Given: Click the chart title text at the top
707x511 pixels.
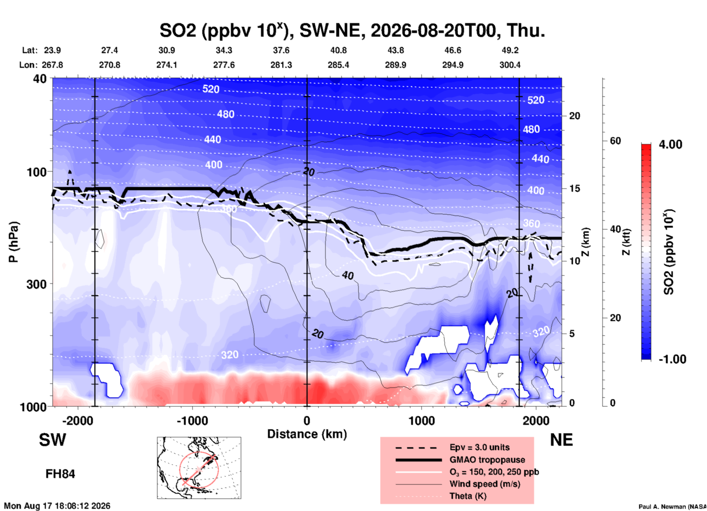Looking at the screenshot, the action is coord(352,30).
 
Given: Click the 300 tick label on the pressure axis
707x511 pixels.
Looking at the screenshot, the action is coord(37,284).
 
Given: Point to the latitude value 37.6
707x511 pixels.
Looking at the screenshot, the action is coord(281,50).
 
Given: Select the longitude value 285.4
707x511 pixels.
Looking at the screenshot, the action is coord(338,65).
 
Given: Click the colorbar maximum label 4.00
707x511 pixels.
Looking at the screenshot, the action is coord(670,144).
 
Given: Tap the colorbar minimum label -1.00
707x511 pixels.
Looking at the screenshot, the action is coord(672,359).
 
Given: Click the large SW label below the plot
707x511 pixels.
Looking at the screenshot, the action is coord(52,440).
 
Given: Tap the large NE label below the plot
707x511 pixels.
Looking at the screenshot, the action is coord(561,440).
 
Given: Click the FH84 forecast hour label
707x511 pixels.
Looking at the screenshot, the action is coord(60,474).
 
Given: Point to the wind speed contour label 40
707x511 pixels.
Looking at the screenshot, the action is coord(348,275).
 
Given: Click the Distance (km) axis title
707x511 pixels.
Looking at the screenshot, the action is coord(307,434).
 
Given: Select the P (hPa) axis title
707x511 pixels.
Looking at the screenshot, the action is coord(14,242).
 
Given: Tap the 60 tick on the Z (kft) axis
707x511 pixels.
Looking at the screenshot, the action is coord(615,141).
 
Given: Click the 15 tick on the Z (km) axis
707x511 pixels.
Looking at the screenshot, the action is coord(575,188).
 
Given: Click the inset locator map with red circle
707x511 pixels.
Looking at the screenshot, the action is coord(199,468).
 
